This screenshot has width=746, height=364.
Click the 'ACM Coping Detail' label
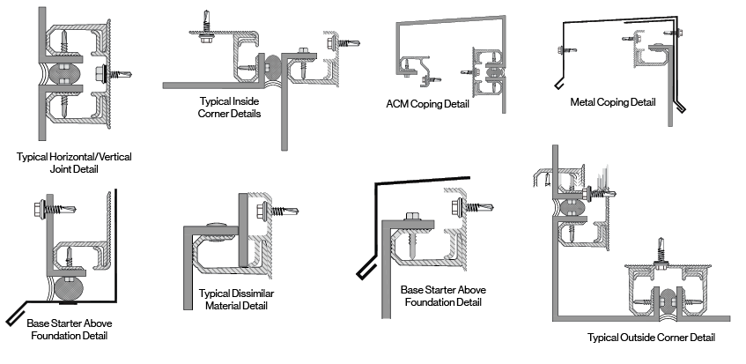pyautogui.click(x=427, y=104)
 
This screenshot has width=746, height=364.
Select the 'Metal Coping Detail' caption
pyautogui.click(x=613, y=102)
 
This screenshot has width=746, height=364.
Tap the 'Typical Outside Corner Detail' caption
pyautogui.click(x=651, y=338)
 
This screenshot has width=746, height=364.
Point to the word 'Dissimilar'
pyautogui.click(x=253, y=293)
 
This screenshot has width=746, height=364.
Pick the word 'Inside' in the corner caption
pyautogui.click(x=246, y=101)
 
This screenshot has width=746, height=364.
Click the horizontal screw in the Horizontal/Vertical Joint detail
pyautogui.click(x=114, y=73)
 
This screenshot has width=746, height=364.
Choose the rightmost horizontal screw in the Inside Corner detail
pyautogui.click(x=343, y=43)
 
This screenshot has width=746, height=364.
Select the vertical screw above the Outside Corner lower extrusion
pyautogui.click(x=661, y=252)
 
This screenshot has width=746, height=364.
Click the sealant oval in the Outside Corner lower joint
pyautogui.click(x=668, y=301)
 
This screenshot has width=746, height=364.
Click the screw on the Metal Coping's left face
pyautogui.click(x=566, y=48)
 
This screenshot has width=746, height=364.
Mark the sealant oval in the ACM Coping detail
pyautogui.click(x=495, y=72)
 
